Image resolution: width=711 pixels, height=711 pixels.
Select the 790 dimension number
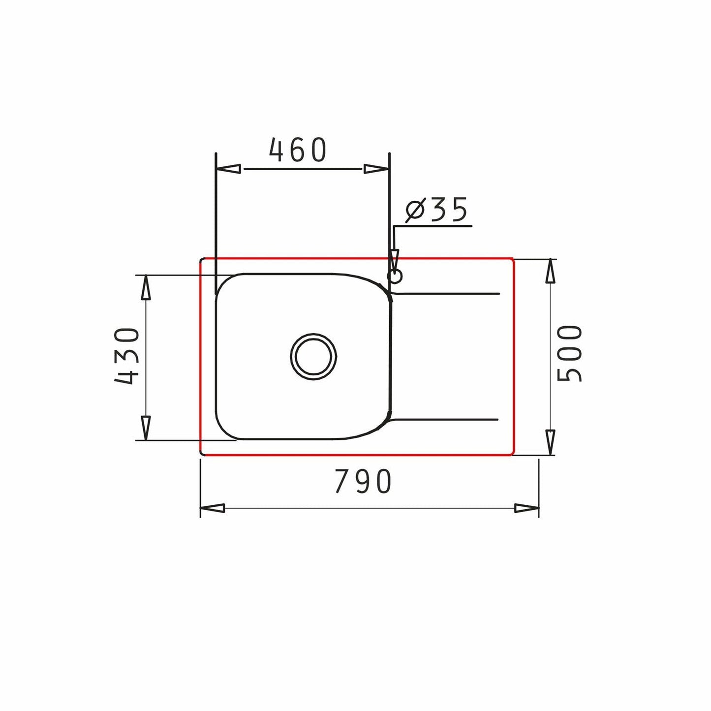tap(363, 481)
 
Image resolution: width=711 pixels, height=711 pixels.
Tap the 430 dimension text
tap(127, 356)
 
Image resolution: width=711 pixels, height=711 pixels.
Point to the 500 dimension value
tap(569, 353)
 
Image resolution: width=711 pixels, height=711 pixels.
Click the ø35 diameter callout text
tap(436, 210)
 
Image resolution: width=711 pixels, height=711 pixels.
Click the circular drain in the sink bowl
tap(314, 356)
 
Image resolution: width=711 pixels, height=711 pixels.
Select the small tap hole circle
tap(395, 276)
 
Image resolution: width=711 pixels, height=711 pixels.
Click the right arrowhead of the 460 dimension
tap(376, 169)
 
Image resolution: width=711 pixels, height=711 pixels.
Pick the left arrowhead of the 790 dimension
tap(213, 508)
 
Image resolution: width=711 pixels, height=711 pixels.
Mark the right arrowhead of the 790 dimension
tap(526, 508)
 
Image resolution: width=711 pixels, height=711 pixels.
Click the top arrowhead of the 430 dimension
tap(145, 287)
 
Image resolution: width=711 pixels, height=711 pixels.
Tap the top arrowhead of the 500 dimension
tap(551, 272)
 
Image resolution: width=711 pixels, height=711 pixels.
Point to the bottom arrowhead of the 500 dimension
tap(551, 442)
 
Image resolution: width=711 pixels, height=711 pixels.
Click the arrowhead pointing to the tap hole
tap(393, 259)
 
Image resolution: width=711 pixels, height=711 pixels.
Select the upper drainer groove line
tap(448, 294)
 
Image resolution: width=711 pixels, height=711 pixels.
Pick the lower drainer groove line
tap(448, 420)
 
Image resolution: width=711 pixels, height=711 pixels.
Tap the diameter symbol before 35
tap(414, 211)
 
